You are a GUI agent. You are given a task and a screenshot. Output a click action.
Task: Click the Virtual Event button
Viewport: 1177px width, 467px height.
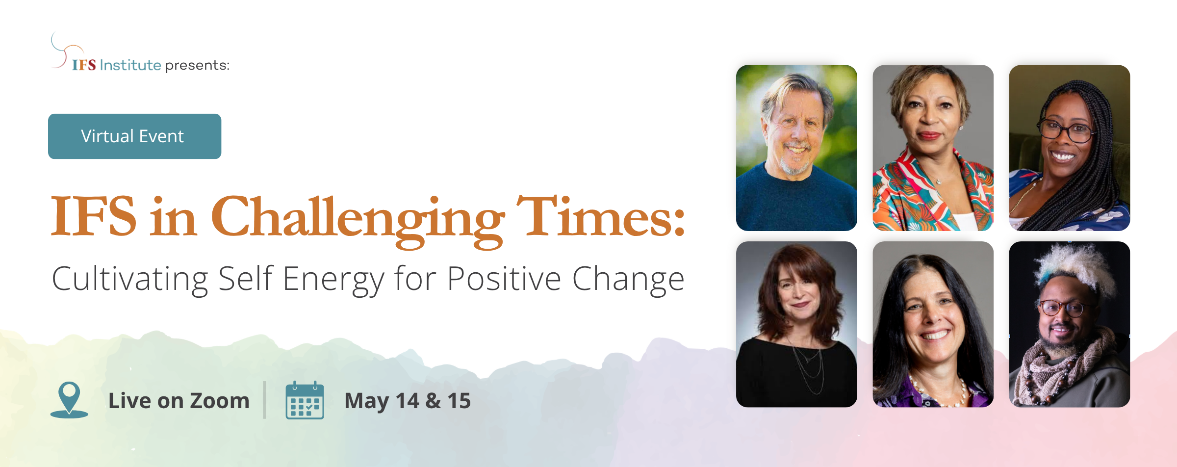tap(134, 136)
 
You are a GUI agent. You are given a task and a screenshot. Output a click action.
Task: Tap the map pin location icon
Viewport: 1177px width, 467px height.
tap(69, 400)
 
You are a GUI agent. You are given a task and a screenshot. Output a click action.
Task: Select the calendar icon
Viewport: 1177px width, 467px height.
tap(305, 400)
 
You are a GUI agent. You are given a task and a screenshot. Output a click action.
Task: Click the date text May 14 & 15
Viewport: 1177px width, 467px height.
tap(408, 401)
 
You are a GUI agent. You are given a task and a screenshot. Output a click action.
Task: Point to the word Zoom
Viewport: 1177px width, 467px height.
tap(220, 401)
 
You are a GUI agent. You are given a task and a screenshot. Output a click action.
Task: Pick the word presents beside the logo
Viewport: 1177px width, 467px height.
tap(197, 65)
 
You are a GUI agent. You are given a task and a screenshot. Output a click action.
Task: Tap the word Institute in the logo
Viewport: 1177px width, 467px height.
tap(130, 65)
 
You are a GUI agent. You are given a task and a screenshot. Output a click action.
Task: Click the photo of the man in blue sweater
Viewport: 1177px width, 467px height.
tap(796, 148)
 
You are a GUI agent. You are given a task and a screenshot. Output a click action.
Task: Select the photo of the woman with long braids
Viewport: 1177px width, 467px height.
tap(1070, 148)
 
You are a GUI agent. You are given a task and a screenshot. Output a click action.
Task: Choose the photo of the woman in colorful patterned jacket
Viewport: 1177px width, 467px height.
tap(933, 148)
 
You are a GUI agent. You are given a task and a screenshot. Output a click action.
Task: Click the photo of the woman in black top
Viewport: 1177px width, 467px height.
tap(796, 324)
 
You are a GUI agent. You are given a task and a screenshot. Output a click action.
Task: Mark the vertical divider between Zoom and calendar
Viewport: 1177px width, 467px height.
tap(264, 400)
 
